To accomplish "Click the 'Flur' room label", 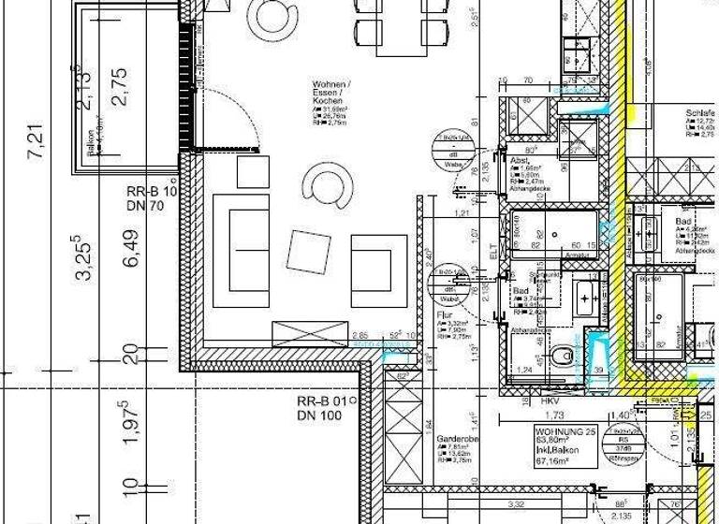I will pyautogui.click(x=445, y=316).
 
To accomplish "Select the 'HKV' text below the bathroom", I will pyautogui.click(x=549, y=400).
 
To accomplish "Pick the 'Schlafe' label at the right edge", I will pyautogui.click(x=700, y=111).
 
